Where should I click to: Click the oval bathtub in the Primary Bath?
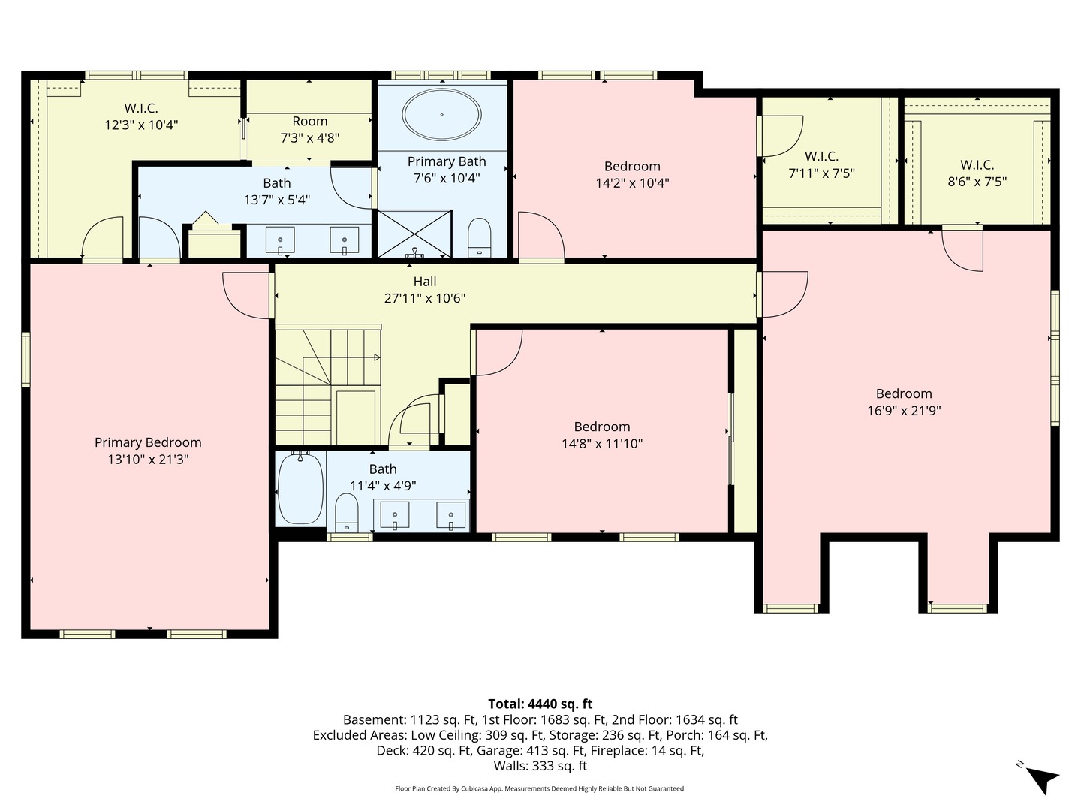pyautogui.click(x=441, y=115)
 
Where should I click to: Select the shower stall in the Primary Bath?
pyautogui.click(x=414, y=234)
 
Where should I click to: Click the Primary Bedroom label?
pyautogui.click(x=148, y=442)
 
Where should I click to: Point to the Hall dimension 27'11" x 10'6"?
pyautogui.click(x=425, y=298)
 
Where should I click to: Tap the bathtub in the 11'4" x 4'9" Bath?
pyautogui.click(x=300, y=489)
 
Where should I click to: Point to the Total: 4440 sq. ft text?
pyautogui.click(x=540, y=704)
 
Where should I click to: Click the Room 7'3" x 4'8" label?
pyautogui.click(x=309, y=129)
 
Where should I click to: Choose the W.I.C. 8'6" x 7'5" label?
pyautogui.click(x=977, y=173)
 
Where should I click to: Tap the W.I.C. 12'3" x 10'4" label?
pyautogui.click(x=141, y=116)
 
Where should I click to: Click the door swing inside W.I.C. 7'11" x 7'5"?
pyautogui.click(x=781, y=135)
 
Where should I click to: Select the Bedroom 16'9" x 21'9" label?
pyautogui.click(x=904, y=402)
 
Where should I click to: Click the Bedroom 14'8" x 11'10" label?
pyautogui.click(x=602, y=435)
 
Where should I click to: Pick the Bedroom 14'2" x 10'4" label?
pyautogui.click(x=632, y=174)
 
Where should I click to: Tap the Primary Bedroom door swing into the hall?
pyautogui.click(x=245, y=294)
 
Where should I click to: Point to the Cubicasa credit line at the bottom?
pyautogui.click(x=540, y=788)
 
